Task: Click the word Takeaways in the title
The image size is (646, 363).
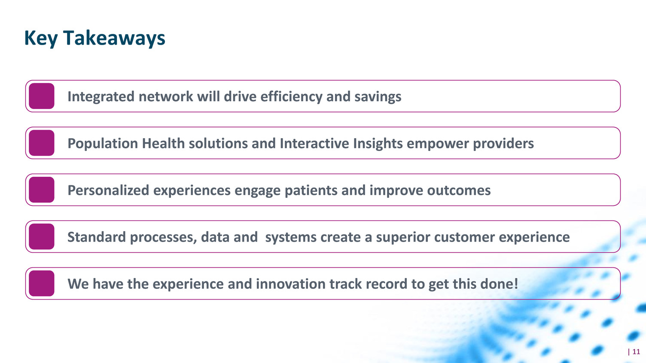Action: tap(114, 38)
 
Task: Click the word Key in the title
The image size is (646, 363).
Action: tap(41, 39)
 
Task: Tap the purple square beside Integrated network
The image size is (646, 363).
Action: tap(42, 96)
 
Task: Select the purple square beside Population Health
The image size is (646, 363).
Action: tap(42, 143)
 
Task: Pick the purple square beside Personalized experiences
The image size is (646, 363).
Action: tap(42, 190)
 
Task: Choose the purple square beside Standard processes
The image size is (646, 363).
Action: tap(42, 236)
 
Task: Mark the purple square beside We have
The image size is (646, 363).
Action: tap(42, 284)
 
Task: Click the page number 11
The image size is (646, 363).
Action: tap(636, 352)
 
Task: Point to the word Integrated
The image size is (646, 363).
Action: tap(101, 97)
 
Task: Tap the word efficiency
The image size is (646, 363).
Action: tap(291, 97)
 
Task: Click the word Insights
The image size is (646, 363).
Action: tap(378, 144)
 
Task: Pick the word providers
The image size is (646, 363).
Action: tap(503, 144)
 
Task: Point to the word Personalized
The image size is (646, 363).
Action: tap(108, 191)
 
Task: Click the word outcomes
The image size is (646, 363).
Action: tap(459, 191)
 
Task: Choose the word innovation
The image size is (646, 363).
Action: tap(291, 284)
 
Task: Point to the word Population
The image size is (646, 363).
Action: tap(103, 144)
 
